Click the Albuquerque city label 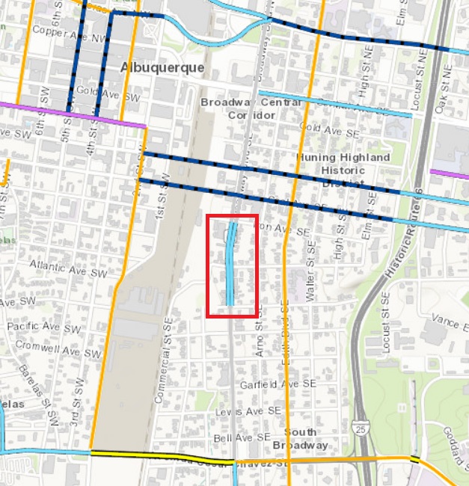click(x=162, y=67)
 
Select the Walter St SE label click(x=311, y=281)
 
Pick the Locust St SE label click(x=387, y=312)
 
